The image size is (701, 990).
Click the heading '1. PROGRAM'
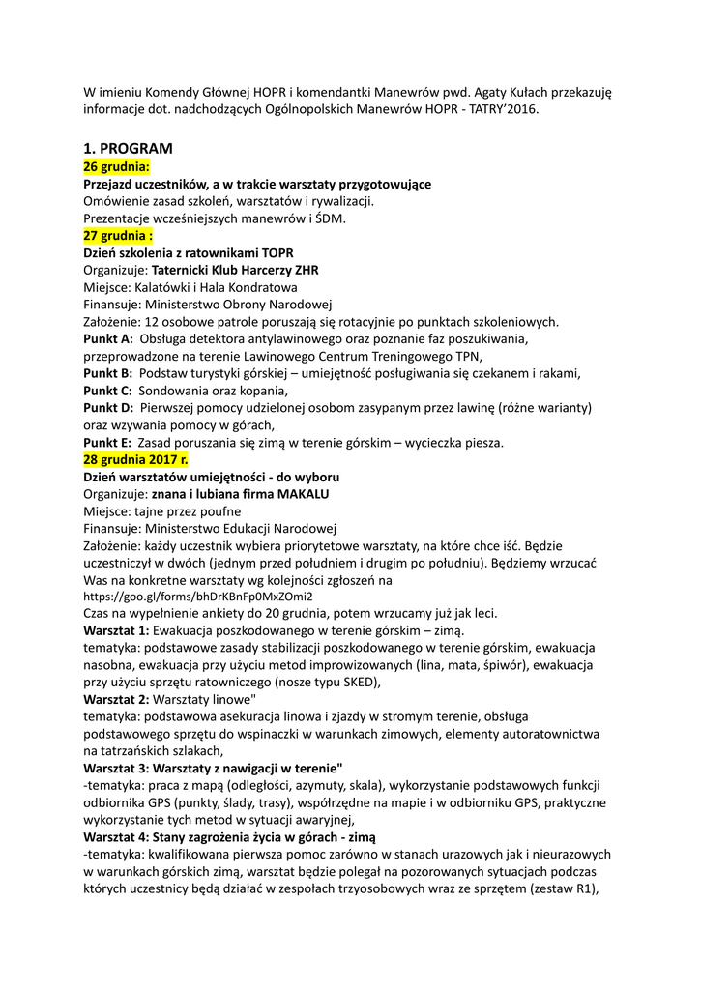click(128, 149)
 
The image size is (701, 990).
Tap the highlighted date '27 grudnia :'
click(119, 235)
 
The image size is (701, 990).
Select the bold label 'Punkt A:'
click(108, 338)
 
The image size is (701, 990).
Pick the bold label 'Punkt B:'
click(108, 373)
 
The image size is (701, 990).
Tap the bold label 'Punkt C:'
click(108, 391)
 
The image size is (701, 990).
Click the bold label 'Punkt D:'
click(108, 408)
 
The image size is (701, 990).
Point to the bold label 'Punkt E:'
click(108, 442)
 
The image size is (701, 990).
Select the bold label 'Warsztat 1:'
click(116, 630)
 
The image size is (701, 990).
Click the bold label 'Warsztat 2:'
click(116, 699)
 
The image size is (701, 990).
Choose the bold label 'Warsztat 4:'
click(116, 836)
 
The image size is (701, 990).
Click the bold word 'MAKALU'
click(304, 493)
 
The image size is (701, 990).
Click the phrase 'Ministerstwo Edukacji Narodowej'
click(240, 528)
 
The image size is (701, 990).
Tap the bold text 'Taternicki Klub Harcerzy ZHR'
click(235, 270)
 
